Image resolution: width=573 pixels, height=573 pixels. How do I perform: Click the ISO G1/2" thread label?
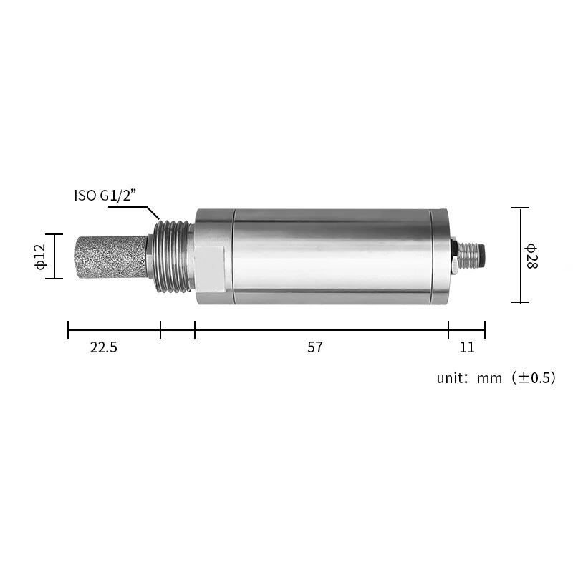[x=105, y=196]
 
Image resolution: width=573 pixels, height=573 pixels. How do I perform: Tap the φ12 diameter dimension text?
[x=41, y=256]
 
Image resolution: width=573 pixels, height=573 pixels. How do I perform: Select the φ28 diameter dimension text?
[x=531, y=256]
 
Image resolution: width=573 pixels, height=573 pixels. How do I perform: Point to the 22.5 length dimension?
[x=104, y=347]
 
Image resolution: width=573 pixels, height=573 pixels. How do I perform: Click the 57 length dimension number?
[x=315, y=347]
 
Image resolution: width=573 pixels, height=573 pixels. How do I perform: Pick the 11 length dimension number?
[x=467, y=347]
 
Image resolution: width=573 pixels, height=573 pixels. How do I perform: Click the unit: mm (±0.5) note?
[x=496, y=377]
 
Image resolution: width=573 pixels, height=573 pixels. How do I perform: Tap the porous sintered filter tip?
[x=112, y=257]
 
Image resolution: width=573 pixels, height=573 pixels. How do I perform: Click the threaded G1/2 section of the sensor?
[x=173, y=256]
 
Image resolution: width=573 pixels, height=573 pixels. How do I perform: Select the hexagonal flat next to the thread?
[x=211, y=269]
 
